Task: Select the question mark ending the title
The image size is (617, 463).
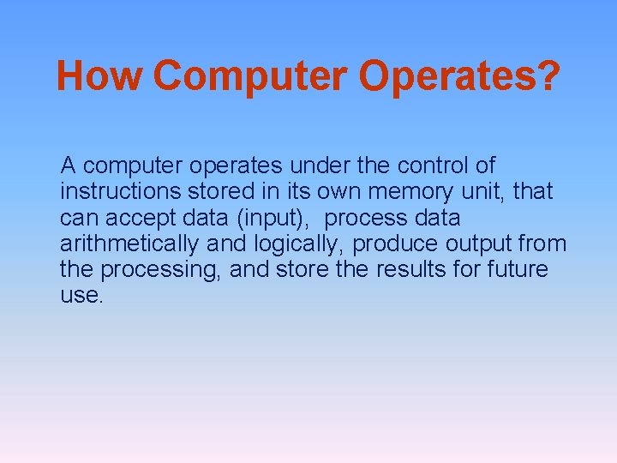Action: point(548,75)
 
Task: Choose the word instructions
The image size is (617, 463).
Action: point(120,191)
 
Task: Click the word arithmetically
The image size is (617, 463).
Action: point(129,244)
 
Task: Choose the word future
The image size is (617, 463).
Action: point(518,269)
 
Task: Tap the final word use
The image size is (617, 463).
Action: point(81,296)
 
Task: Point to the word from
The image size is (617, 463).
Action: point(543,244)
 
